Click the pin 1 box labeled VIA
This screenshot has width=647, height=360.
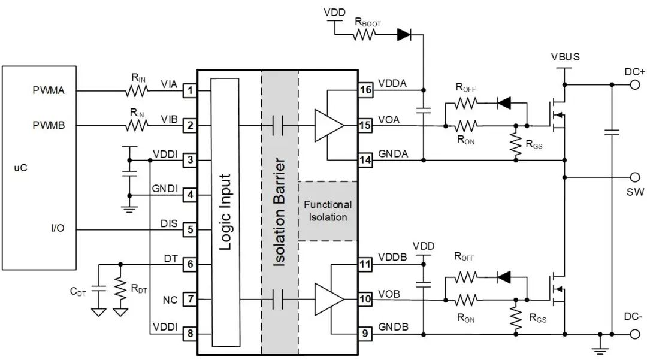point(190,90)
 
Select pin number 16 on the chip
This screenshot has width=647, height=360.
point(365,90)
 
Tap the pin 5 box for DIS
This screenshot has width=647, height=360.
point(190,229)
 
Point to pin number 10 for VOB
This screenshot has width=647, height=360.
point(365,298)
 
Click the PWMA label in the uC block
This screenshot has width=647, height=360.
point(49,91)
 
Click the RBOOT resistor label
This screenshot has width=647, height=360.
point(367,23)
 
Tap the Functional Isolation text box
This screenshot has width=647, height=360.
point(328,211)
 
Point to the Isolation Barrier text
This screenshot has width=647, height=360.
point(280,212)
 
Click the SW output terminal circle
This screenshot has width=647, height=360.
point(635,177)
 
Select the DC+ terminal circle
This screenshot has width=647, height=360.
point(635,84)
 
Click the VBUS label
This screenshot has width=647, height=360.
point(565,58)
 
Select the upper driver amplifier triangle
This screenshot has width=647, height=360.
point(329,125)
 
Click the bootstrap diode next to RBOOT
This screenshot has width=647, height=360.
point(405,35)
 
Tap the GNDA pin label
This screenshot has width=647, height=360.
point(393,153)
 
